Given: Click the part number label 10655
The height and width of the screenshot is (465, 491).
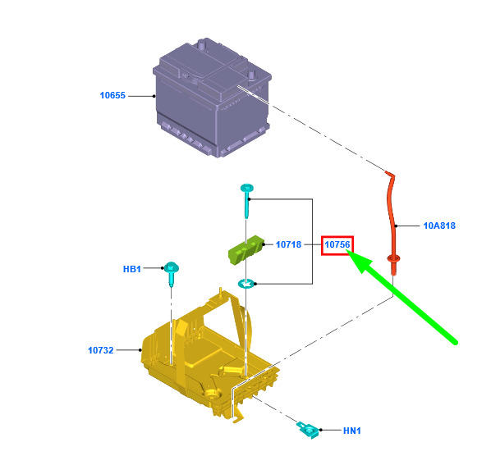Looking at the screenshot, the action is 112,95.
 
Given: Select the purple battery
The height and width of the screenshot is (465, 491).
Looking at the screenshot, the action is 212,98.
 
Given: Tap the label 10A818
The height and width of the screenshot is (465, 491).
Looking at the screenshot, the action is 439,226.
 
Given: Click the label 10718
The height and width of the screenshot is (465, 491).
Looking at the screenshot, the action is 288,244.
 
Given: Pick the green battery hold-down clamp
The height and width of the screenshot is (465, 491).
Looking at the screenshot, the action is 245,249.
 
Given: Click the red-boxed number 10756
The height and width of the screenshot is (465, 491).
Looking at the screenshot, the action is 337,245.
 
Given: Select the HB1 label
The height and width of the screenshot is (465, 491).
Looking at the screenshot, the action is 132,269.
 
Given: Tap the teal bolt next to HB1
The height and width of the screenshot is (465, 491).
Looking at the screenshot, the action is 172,273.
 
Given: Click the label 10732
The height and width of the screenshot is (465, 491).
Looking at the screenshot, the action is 100,350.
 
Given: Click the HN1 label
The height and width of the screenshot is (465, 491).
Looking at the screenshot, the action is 352,431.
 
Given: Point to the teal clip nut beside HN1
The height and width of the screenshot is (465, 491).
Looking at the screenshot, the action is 308,430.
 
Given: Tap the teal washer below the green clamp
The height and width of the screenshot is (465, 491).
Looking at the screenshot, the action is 245,284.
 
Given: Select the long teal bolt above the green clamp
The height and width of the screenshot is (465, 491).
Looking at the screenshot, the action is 247,200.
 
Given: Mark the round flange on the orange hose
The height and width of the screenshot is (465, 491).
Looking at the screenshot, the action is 393,258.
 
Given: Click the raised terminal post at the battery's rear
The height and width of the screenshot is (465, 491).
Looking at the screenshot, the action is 202,43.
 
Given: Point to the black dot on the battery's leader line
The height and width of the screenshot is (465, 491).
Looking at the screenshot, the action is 154,96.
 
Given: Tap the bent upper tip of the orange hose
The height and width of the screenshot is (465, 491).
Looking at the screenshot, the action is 389,174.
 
